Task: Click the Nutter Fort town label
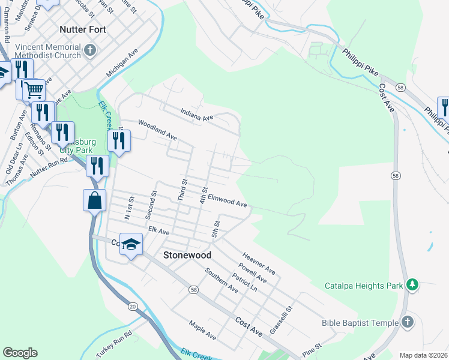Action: click(x=83, y=29)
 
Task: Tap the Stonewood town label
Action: click(x=187, y=255)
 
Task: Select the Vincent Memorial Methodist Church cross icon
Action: click(x=91, y=50)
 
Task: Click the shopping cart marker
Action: click(x=34, y=91)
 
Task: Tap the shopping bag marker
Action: click(x=95, y=200)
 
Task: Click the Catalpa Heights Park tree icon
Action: click(x=412, y=285)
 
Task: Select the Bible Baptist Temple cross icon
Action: click(x=407, y=322)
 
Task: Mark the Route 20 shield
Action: click(x=132, y=307)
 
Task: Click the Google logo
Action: click(x=20, y=353)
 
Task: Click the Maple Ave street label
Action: click(x=202, y=329)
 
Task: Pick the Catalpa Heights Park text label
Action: click(x=364, y=286)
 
